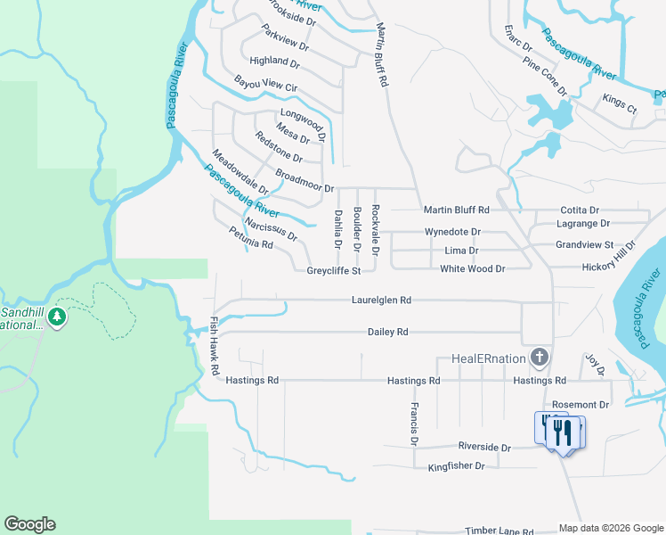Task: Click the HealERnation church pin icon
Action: click(539, 358)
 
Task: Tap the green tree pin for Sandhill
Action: click(58, 317)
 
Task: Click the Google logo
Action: click(29, 524)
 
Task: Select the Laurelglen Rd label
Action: click(382, 300)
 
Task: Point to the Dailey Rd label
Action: click(387, 332)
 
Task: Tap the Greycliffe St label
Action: click(333, 270)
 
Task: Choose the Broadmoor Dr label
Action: click(305, 181)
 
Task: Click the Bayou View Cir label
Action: click(265, 86)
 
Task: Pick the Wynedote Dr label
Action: click(452, 232)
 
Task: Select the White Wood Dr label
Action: click(473, 268)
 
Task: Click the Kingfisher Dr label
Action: click(456, 466)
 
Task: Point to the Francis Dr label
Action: click(415, 423)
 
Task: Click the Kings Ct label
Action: click(620, 103)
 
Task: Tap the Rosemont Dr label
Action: click(580, 404)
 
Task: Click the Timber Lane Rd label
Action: click(495, 531)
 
